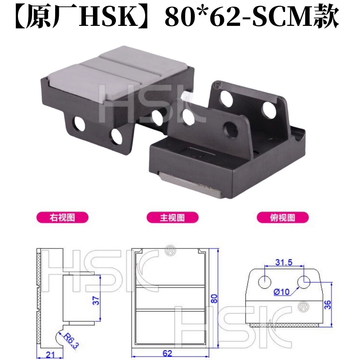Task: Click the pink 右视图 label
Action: (62, 217)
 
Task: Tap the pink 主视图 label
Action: (172, 217)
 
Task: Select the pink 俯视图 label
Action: (282, 217)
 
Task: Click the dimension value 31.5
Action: (283, 262)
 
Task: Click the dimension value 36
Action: (327, 304)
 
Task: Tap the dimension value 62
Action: (167, 353)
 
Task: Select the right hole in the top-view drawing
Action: (303, 281)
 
